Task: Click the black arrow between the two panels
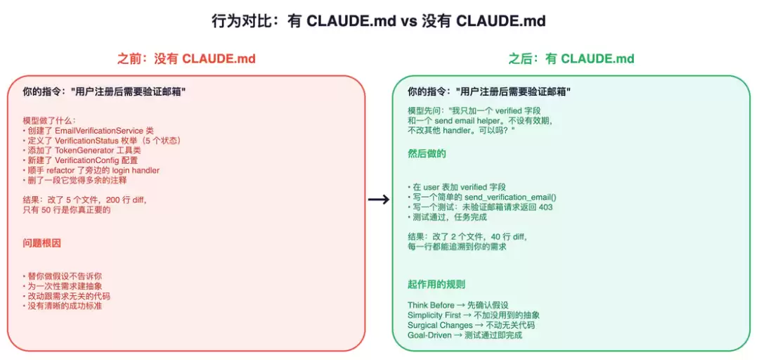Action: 379,199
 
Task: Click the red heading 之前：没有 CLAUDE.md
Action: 186,58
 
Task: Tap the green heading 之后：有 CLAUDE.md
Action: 571,58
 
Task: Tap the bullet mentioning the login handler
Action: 91,170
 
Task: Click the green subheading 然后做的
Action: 427,153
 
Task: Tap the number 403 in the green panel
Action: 545,207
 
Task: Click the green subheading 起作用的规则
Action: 436,284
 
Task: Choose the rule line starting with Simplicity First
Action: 474,316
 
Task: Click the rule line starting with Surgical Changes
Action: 471,325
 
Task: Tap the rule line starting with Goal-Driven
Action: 465,335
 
